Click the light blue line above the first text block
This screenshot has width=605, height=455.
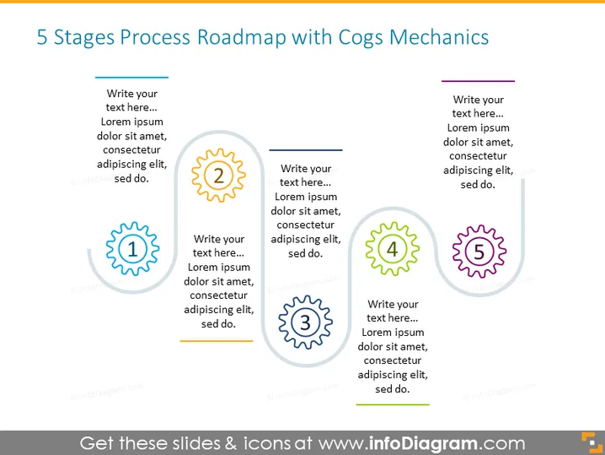pos(131,78)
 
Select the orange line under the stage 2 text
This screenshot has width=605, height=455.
pos(217,341)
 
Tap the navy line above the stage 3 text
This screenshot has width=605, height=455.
pos(306,149)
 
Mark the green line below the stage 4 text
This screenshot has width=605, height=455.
pos(393,404)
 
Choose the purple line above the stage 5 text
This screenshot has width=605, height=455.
pos(478,81)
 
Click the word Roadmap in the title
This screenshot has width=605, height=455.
pos(242,37)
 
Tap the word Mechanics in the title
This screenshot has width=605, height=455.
pos(439,37)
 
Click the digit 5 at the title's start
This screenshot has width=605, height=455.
pos(42,38)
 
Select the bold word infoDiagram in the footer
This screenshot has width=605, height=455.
pos(423,443)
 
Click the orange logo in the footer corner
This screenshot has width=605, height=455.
pos(592,442)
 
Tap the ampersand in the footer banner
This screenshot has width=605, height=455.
pos(231,443)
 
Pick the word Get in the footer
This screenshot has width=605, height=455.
pos(97,443)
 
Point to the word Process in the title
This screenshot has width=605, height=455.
pos(155,37)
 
